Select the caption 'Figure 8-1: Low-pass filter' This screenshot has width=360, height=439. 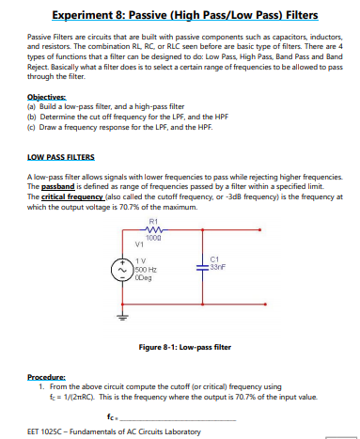183,347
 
